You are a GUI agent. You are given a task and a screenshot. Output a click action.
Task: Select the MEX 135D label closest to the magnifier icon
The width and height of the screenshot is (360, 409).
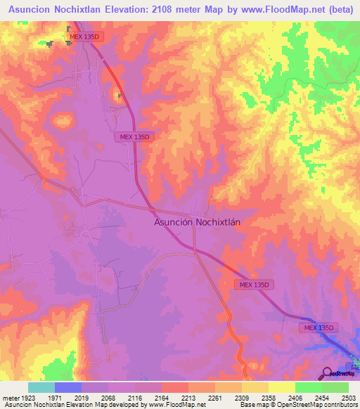(321, 328)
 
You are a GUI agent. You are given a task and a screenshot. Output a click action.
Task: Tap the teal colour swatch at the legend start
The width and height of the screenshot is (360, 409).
(41, 387)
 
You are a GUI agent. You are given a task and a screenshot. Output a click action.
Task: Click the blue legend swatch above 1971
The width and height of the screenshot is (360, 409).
(68, 387)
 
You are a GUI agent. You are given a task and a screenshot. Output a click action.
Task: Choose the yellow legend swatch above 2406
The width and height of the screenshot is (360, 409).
(282, 387)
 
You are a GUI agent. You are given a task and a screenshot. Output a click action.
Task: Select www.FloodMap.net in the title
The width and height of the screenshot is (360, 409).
(275, 10)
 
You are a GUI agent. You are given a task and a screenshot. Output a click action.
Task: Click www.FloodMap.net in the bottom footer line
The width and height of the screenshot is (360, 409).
(176, 405)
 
